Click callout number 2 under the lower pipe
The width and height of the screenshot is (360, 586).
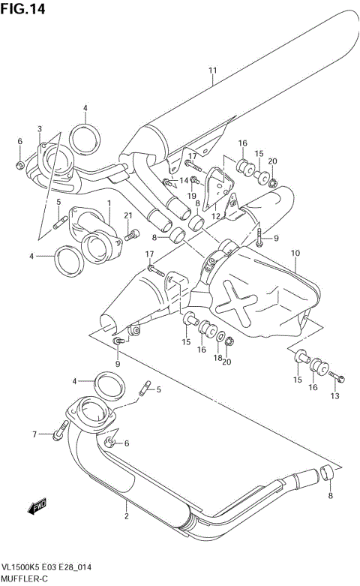(x=127, y=515)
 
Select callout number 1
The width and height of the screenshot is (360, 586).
(x=109, y=203)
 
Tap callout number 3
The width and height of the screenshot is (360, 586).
(x=40, y=129)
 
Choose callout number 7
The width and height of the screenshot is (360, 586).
(x=34, y=434)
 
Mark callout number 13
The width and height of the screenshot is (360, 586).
(x=335, y=395)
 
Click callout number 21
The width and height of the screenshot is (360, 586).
(x=127, y=216)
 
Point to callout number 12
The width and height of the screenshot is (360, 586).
(x=217, y=216)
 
